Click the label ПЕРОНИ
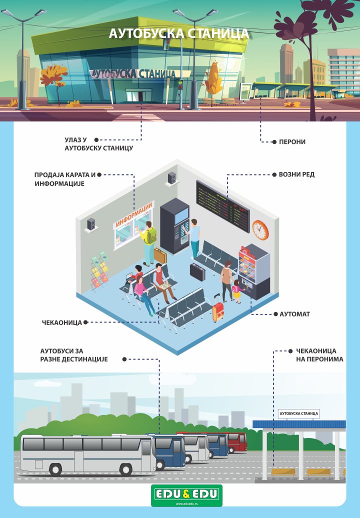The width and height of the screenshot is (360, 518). (292, 141)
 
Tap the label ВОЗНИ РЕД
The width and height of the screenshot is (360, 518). (296, 174)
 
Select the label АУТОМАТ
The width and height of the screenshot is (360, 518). (294, 314)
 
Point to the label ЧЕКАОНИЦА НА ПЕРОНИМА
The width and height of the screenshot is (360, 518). (319, 355)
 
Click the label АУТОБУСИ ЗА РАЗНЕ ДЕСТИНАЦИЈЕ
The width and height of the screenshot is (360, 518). (74, 355)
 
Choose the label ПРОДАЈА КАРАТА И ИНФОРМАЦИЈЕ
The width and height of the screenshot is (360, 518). (65, 179)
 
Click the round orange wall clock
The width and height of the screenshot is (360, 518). (260, 229)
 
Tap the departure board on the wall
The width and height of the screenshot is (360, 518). (223, 206)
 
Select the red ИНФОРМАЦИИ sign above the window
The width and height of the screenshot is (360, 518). (134, 214)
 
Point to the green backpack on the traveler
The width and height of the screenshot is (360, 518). (151, 235)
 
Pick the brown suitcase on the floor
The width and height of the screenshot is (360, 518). (160, 255)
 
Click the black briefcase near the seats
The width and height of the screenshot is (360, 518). (197, 272)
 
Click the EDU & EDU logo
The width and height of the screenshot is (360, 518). (186, 495)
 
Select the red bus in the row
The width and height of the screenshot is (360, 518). (236, 442)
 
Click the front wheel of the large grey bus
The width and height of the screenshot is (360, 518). (126, 469)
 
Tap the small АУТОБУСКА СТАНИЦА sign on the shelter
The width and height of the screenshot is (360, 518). (298, 413)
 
